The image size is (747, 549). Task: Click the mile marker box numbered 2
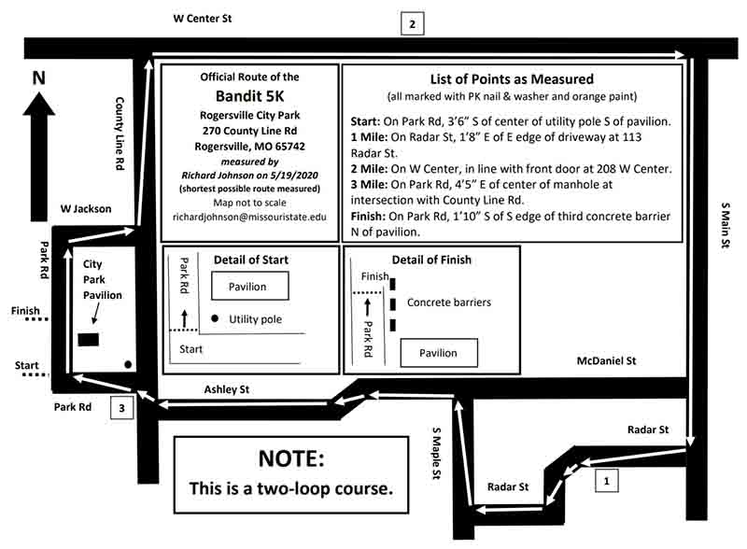(412, 23)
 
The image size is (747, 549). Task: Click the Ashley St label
(229, 388)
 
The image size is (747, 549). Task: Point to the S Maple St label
(434, 455)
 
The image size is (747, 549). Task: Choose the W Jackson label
(85, 209)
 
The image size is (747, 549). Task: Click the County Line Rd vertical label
(120, 133)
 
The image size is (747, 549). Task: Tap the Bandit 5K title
(249, 97)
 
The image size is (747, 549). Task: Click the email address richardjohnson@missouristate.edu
(249, 217)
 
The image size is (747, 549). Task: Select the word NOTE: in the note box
(291, 459)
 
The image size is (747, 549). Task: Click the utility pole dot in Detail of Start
(215, 319)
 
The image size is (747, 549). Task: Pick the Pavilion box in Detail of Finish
(439, 353)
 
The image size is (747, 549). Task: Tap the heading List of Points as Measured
(511, 79)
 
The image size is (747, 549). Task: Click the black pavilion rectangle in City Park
(91, 339)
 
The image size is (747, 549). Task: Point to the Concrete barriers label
(448, 303)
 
